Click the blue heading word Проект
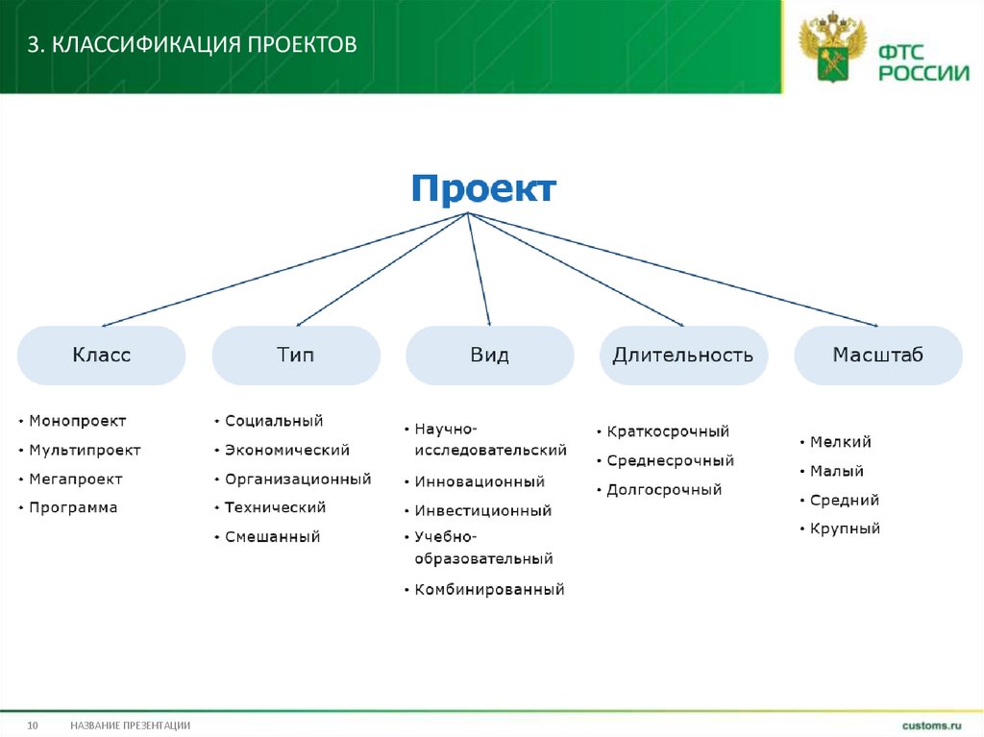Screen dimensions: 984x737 point(483,188)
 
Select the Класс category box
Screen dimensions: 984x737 point(101,356)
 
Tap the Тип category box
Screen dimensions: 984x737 point(296,356)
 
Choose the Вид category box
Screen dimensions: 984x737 point(490,356)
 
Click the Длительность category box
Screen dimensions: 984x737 point(683,356)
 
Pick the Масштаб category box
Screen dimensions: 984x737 point(877,356)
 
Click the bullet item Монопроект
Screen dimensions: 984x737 point(77,421)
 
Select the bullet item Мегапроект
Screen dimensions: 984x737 point(76,479)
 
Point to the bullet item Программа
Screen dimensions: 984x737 point(73,507)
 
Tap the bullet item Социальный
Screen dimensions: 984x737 point(274,421)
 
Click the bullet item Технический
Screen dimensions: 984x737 point(275,507)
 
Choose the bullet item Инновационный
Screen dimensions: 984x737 point(480,481)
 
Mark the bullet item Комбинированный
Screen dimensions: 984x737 point(489,589)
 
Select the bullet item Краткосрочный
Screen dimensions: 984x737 point(668,431)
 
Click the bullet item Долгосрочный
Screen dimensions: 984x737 point(664,489)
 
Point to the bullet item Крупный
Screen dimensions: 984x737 point(845,528)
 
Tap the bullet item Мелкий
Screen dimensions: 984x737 point(840,442)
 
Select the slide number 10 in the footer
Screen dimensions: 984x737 point(32,725)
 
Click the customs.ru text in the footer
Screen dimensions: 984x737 point(931,725)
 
